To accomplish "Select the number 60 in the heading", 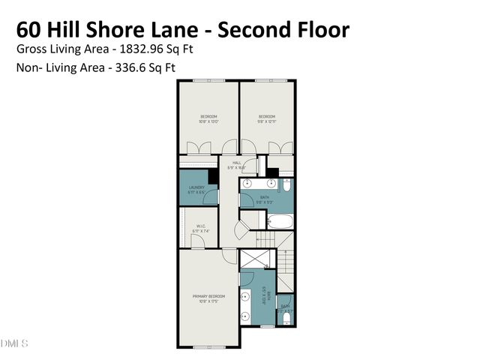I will click(29, 29).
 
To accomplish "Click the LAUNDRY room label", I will click(197, 189).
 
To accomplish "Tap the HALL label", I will click(237, 163).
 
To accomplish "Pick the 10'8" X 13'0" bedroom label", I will click(208, 118).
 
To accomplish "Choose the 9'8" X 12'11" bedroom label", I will click(268, 118).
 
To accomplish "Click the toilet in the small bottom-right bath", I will click(287, 319).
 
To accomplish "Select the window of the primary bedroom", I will click(204, 347).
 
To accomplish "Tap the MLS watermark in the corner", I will click(13, 343).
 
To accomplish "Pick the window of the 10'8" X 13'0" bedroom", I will click(204, 80).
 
